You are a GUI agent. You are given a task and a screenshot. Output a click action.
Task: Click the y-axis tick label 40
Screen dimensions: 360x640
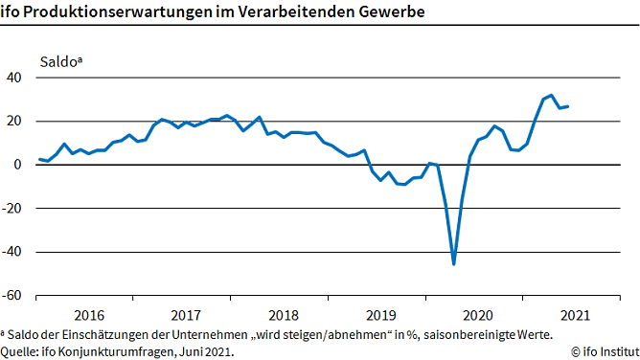click(x=15, y=78)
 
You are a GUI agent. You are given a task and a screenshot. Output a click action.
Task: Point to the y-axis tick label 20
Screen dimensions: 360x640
click(x=15, y=121)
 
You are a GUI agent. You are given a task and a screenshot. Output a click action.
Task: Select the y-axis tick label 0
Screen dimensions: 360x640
click(x=19, y=165)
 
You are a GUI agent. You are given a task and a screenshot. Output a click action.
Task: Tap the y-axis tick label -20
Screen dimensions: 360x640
click(x=13, y=209)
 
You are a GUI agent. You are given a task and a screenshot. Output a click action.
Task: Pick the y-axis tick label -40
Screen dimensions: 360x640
click(x=13, y=252)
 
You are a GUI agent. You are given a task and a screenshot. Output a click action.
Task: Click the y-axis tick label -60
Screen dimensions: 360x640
click(x=13, y=296)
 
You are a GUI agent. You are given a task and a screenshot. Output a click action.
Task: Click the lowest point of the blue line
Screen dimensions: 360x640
click(x=453, y=263)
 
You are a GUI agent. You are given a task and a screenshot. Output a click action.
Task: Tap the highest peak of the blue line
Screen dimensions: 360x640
click(x=551, y=96)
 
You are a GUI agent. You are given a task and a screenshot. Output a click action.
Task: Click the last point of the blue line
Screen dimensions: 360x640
click(x=567, y=106)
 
